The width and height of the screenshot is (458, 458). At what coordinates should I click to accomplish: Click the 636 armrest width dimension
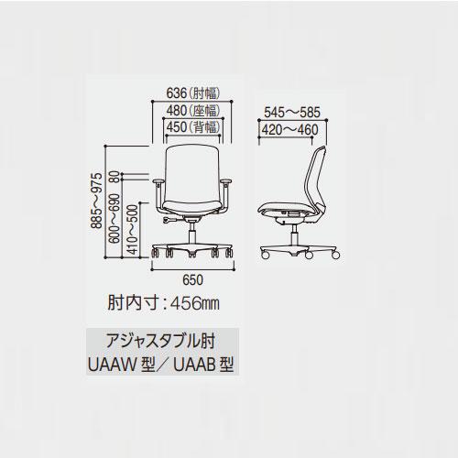pos(193,93)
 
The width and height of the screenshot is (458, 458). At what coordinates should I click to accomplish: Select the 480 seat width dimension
pos(193,111)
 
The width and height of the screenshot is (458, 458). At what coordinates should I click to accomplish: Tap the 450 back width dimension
pos(193,127)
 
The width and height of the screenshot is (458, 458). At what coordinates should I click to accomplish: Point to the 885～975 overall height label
pos(97,201)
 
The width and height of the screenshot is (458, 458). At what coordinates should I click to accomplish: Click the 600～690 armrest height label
pos(114,218)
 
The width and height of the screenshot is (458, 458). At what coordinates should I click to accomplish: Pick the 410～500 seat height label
pos(132,229)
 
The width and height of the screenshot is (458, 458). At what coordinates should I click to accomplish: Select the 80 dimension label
pos(115,177)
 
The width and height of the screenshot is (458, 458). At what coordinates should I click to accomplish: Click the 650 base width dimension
pos(192,280)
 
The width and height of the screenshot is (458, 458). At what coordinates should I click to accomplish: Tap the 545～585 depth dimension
pos(292,113)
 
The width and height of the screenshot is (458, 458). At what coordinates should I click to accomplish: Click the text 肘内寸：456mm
pos(163,303)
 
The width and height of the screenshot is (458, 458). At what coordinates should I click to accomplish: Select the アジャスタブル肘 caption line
pos(160,341)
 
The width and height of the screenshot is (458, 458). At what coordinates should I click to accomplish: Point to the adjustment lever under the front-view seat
pos(169,220)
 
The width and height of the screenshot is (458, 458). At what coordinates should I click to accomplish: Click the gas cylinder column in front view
pos(192,234)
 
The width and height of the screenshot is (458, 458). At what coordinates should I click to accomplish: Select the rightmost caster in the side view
pos(335,255)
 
